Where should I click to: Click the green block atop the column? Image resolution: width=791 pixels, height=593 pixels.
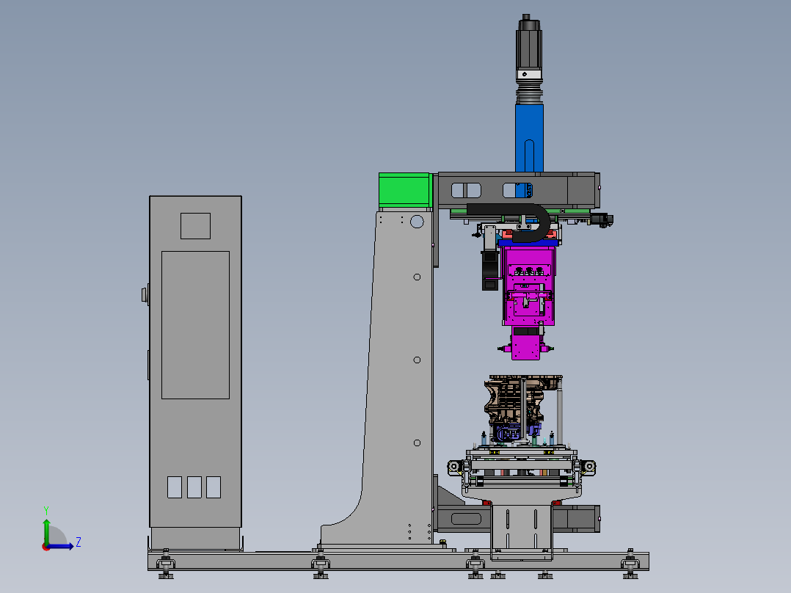404,190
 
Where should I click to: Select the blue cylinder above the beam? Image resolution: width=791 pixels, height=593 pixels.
529,138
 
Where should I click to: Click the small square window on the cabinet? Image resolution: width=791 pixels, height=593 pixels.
195,225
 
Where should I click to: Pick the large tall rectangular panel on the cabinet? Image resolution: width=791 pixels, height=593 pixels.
195,325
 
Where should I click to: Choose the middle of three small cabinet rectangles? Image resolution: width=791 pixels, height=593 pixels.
194,487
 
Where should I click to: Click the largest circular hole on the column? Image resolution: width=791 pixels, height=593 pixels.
417,222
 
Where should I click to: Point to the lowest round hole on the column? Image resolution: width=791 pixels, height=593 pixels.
417,443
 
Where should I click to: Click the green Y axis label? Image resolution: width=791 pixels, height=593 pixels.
46,510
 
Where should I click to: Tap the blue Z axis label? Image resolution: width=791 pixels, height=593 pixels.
79,542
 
